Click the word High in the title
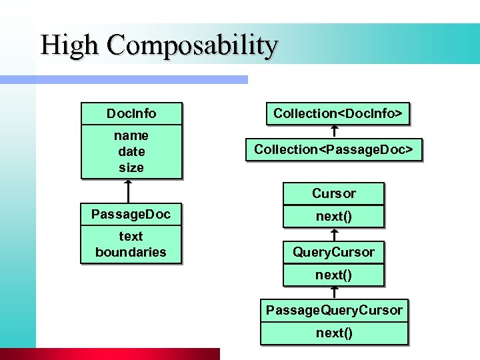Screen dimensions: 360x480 click(x=69, y=45)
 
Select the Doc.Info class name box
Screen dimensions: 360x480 click(x=131, y=113)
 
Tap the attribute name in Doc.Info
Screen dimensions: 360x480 click(x=131, y=135)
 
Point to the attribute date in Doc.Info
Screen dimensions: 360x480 click(x=131, y=151)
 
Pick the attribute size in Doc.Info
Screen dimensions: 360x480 click(x=131, y=167)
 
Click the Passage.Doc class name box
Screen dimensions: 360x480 click(x=131, y=214)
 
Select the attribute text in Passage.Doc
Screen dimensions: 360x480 click(x=131, y=236)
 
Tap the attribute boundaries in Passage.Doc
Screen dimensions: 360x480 click(x=131, y=252)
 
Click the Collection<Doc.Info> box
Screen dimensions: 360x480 click(x=337, y=113)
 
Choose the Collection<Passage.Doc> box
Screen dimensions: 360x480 click(x=337, y=149)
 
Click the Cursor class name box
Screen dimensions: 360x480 click(x=334, y=193)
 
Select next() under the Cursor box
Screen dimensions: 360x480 click(x=334, y=216)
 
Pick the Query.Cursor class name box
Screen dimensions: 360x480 click(x=334, y=252)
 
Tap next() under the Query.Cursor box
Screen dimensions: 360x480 click(x=334, y=274)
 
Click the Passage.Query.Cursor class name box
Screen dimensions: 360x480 click(x=334, y=310)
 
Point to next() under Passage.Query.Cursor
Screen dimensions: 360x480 click(x=334, y=333)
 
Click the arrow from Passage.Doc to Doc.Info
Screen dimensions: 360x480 click(x=127, y=191)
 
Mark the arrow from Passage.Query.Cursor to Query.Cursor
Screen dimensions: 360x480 click(x=334, y=292)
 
